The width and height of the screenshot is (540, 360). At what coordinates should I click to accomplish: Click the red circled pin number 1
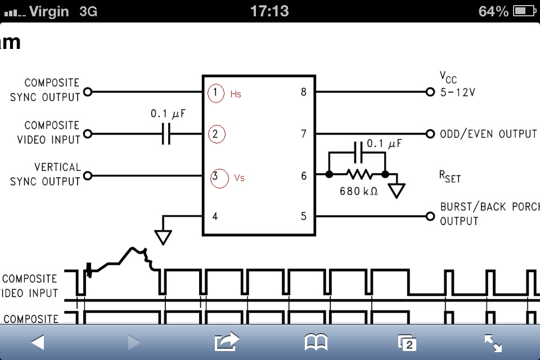[216, 93]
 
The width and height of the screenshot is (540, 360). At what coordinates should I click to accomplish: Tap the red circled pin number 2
[217, 134]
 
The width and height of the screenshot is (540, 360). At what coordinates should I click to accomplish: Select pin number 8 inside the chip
[303, 92]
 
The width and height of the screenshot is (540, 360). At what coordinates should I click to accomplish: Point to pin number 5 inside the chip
[303, 217]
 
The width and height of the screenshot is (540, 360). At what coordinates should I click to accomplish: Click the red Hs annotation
[236, 94]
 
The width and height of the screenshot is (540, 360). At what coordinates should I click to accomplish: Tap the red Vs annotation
[240, 178]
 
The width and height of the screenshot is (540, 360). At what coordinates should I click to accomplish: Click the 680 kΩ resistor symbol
[359, 174]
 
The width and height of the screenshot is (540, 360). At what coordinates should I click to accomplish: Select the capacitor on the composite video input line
[166, 134]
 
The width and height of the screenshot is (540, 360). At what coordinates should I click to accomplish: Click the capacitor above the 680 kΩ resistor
[358, 152]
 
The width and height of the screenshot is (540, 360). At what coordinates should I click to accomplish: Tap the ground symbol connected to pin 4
[163, 237]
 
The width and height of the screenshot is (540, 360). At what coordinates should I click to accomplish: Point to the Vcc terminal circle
[430, 92]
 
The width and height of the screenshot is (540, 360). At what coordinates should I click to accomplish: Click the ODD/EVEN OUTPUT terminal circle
[430, 134]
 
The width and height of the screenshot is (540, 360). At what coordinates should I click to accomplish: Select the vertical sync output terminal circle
[88, 175]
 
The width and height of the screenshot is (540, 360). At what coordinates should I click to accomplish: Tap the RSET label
[450, 177]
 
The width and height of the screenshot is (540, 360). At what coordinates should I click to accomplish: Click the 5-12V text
[458, 92]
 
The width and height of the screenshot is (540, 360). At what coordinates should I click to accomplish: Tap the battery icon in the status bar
[524, 11]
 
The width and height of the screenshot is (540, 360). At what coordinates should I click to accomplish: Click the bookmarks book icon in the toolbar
[316, 343]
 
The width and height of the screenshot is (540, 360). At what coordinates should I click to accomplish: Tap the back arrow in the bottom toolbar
[38, 343]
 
